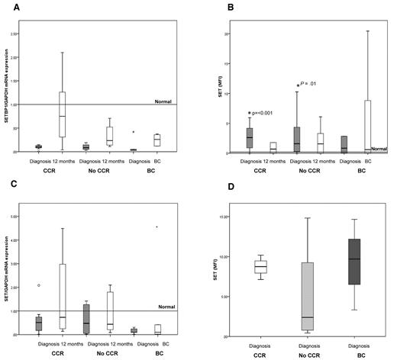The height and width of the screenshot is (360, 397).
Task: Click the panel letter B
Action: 207,5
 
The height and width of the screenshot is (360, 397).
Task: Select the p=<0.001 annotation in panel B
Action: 263,112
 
